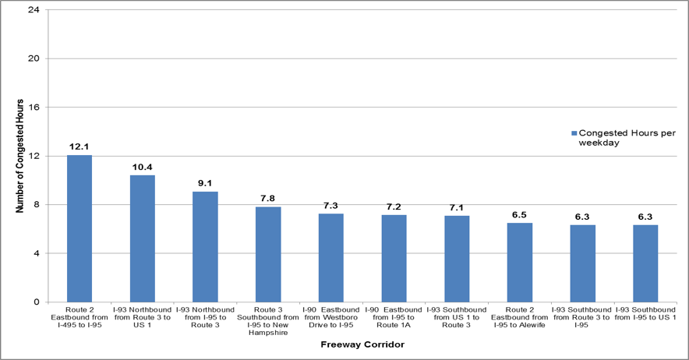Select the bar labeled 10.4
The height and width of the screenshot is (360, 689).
click(143, 238)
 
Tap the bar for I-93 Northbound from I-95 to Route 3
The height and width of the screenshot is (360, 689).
click(205, 246)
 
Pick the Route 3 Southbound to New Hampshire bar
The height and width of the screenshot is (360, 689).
click(268, 254)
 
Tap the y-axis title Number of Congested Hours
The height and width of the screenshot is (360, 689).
click(20, 156)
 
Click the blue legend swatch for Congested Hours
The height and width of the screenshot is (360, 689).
click(574, 132)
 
